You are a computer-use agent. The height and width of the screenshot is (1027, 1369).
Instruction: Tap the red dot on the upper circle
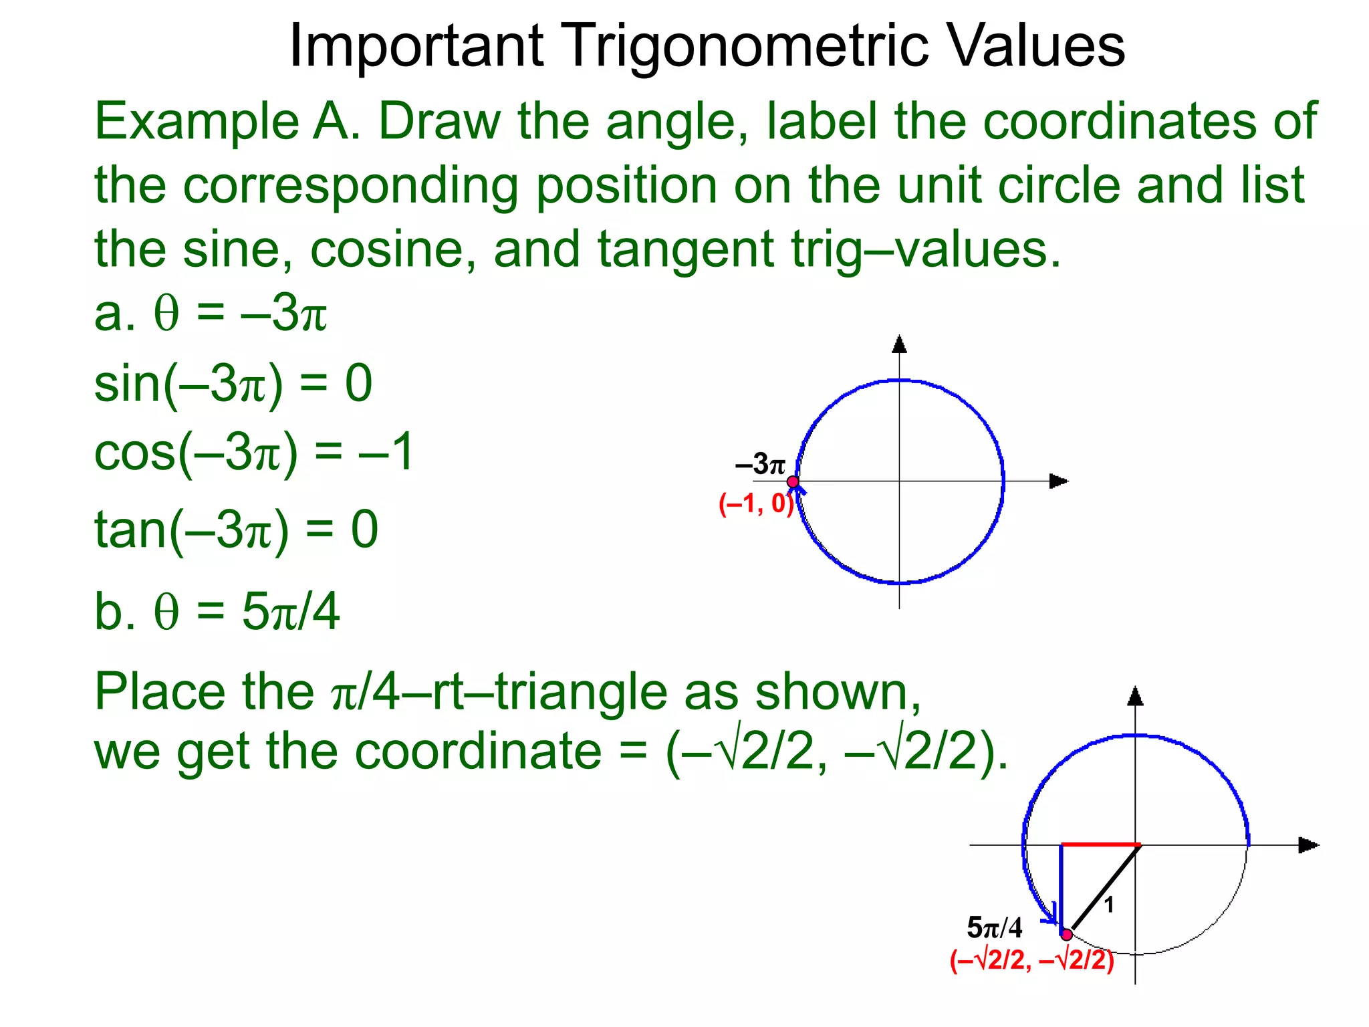tap(793, 481)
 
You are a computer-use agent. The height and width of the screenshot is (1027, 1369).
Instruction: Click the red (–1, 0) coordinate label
tap(756, 503)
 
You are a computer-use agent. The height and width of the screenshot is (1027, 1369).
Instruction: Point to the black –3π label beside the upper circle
tap(760, 464)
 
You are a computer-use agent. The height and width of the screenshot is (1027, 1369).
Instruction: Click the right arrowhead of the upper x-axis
tap(1058, 481)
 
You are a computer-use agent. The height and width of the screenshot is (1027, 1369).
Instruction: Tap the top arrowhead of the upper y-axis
tap(899, 345)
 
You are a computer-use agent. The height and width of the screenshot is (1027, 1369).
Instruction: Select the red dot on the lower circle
tap(1067, 934)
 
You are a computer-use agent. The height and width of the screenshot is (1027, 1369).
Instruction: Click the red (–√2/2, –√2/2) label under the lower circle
tap(1032, 960)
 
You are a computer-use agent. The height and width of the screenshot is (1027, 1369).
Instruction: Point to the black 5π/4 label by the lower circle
tap(995, 928)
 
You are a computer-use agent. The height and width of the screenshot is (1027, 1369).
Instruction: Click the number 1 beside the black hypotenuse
tap(1109, 905)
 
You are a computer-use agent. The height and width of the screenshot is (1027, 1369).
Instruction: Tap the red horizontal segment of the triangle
tap(1100, 845)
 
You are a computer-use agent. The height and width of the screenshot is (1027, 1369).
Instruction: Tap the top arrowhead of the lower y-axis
tap(1135, 697)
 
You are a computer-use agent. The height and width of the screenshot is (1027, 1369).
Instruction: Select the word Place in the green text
tap(160, 691)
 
